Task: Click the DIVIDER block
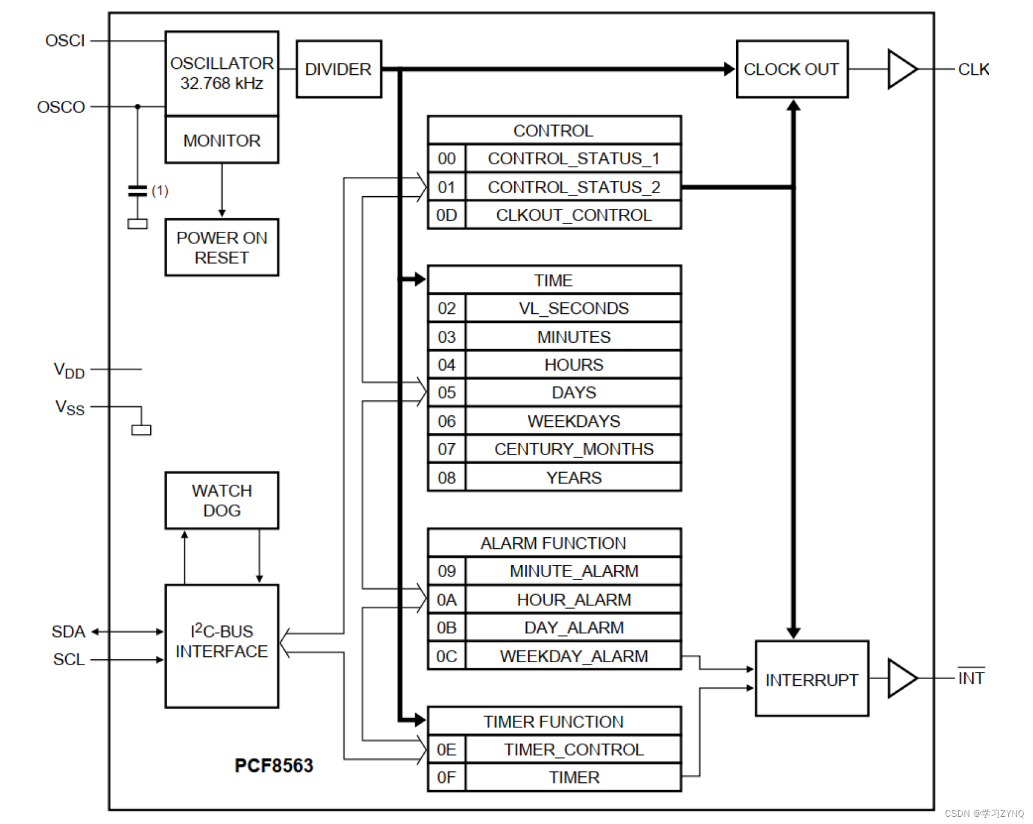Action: [x=339, y=69]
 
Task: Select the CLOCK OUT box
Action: [x=792, y=69]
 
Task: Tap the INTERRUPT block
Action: [x=812, y=679]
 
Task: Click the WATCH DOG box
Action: [x=221, y=500]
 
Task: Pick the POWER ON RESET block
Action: [x=221, y=248]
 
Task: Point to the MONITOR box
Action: [x=221, y=140]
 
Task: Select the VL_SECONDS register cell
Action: [x=573, y=308]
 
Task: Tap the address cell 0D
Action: [x=447, y=216]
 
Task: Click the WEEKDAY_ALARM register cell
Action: [x=573, y=656]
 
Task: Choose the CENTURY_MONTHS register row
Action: [x=573, y=449]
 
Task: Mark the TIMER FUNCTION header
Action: [x=553, y=721]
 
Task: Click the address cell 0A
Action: [x=447, y=600]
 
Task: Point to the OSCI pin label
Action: [x=65, y=41]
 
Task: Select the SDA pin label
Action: [x=68, y=632]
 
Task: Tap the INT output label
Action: [x=971, y=678]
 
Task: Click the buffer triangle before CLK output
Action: [x=901, y=69]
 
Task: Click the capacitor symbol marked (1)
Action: [x=138, y=191]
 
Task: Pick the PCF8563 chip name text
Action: [x=274, y=765]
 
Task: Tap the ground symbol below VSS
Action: [x=141, y=430]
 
